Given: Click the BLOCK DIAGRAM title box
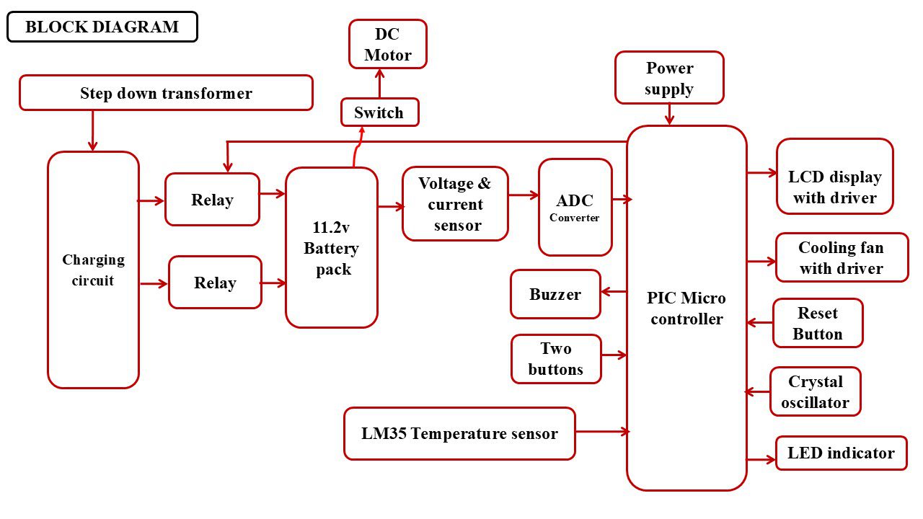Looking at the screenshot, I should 102,27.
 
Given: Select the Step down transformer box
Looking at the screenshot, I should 166,93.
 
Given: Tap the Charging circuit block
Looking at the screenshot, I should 93,270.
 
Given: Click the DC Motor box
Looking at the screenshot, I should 388,45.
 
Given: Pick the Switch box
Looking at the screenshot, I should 379,112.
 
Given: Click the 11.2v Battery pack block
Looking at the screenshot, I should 332,248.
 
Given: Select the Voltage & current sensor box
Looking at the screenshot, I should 455,204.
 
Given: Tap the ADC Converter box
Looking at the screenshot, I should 575,208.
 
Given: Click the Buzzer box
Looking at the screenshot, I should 555,294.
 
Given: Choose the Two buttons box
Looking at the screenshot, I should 556,359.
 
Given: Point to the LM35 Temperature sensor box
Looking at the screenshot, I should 459,434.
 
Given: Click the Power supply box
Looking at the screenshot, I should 669,78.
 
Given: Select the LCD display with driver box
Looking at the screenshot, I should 835,177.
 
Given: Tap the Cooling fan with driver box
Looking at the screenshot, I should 842,257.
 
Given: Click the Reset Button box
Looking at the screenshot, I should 818,323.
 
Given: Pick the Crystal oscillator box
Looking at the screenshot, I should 816,391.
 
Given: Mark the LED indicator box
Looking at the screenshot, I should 841,453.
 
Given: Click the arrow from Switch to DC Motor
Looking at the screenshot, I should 379,83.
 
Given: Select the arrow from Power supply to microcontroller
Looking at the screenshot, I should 669,114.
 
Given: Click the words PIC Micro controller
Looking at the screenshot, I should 686,309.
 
